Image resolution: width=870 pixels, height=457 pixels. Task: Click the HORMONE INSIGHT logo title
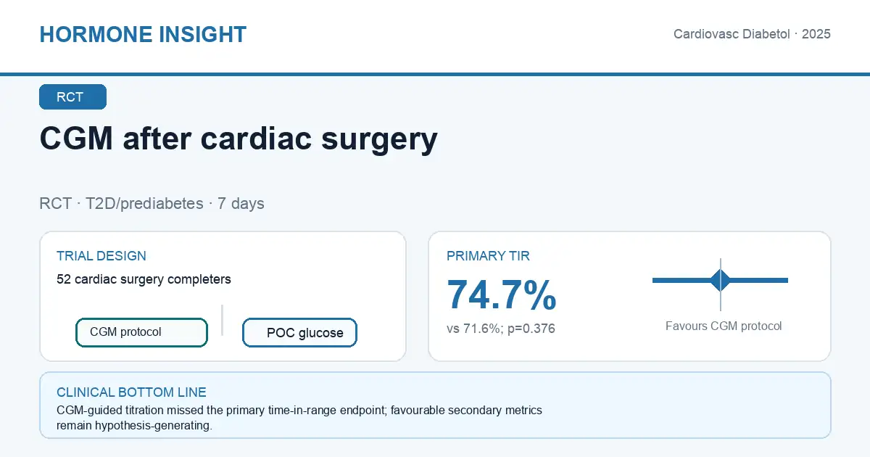143,34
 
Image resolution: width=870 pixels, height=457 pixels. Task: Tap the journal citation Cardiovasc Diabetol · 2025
752,34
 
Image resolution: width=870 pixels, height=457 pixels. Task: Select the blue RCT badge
72,96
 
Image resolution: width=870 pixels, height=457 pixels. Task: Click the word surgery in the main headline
379,139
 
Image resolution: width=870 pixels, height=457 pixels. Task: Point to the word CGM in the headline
77,138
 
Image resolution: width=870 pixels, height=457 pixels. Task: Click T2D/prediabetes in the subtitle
144,204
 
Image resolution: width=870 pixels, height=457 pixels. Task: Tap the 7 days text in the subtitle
241,204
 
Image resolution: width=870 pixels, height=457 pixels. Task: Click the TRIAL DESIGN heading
101,255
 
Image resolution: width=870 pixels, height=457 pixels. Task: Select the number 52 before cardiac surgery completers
64,279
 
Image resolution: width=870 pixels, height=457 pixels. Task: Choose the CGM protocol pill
142,332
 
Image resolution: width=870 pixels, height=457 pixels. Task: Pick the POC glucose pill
299,332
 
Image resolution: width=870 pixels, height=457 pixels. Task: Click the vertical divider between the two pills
222,320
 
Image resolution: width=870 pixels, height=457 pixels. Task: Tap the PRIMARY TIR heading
488,255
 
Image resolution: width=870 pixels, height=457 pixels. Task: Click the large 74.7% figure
502,295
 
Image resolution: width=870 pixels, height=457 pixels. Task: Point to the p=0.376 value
531,329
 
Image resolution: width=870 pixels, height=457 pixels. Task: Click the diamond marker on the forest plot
721,280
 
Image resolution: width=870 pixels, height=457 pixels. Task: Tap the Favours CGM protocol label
724,326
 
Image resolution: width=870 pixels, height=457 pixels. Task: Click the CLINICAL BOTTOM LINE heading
131,392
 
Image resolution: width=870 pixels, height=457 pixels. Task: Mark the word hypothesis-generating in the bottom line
154,426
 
